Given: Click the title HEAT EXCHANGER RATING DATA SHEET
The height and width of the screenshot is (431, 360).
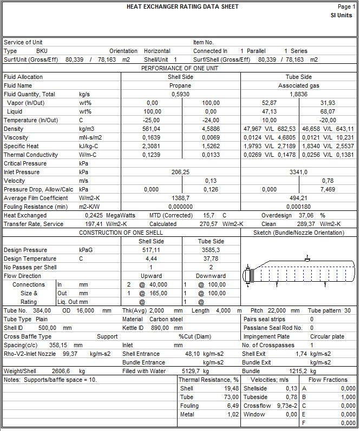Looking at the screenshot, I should coord(182,7).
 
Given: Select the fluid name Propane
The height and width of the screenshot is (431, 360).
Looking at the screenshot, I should coord(180,85).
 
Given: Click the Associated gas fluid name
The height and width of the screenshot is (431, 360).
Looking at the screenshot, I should coord(299,85).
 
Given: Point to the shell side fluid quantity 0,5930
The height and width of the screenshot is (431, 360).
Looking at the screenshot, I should coord(180,94).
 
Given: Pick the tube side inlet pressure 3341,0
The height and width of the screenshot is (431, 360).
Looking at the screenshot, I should coord(299,172).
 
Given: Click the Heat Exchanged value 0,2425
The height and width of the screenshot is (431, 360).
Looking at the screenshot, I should coord(94,215).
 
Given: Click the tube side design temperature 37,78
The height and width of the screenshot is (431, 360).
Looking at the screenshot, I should coord(210,258).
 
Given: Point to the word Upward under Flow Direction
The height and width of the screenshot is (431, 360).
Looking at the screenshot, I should coord(151,276).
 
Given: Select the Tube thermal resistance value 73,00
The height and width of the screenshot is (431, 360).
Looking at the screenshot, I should coord(232,397).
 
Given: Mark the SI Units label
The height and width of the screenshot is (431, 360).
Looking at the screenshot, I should coord(342,15).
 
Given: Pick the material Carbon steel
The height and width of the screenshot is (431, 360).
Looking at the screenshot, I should coord(167,319).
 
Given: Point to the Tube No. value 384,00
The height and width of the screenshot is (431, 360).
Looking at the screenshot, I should coord(42,310).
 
